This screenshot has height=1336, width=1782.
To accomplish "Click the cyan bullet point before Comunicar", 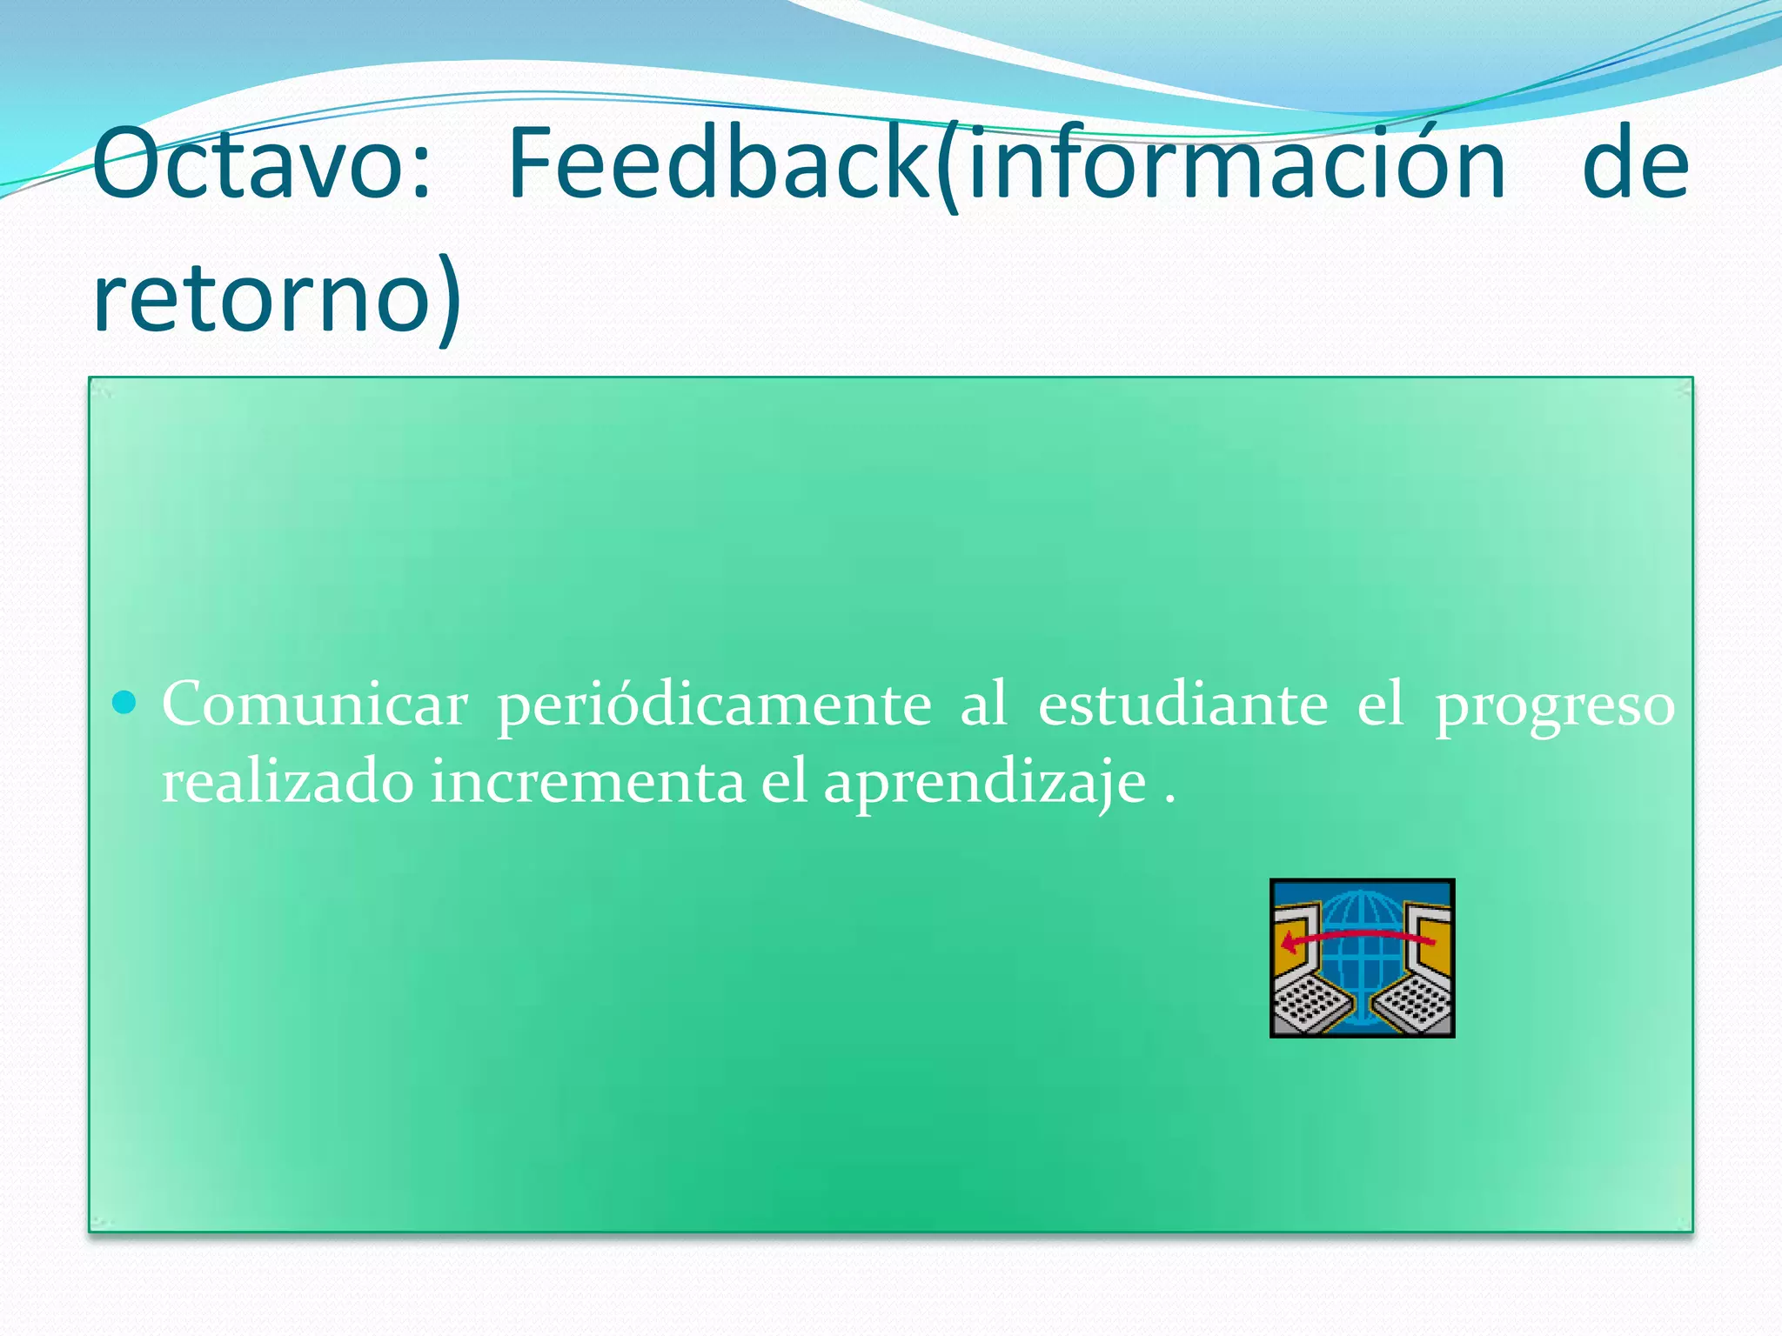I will click(x=125, y=702).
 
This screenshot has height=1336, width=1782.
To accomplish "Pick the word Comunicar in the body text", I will click(x=315, y=705).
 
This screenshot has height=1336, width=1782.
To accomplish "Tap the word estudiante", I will click(x=1183, y=705).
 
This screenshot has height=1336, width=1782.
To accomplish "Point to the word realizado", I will click(x=287, y=782).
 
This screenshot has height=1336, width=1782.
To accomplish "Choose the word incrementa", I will click(x=587, y=782).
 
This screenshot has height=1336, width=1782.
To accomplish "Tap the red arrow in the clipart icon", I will click(x=1357, y=936).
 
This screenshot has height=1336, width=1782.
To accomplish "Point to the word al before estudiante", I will click(x=984, y=705).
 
